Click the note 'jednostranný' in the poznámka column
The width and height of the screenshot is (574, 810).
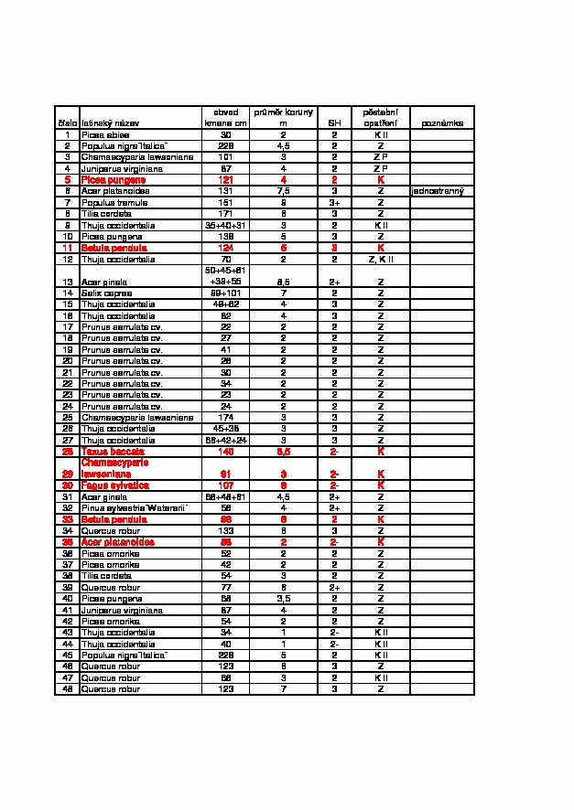438,191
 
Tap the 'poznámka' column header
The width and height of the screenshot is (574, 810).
442,123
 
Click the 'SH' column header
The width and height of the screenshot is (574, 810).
334,123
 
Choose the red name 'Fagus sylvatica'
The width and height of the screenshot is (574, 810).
109,485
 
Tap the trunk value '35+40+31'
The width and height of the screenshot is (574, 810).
225,225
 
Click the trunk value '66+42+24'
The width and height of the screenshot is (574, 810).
225,440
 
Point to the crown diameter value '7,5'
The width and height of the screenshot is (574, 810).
284,191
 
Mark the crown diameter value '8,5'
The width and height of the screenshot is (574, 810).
284,282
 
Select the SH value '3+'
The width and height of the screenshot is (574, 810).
334,202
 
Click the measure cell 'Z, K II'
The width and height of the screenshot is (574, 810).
381,259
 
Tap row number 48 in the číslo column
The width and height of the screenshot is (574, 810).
67,689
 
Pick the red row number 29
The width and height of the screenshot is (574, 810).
67,474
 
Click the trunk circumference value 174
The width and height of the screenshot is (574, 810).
225,417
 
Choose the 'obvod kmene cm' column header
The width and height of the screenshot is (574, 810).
225,117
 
